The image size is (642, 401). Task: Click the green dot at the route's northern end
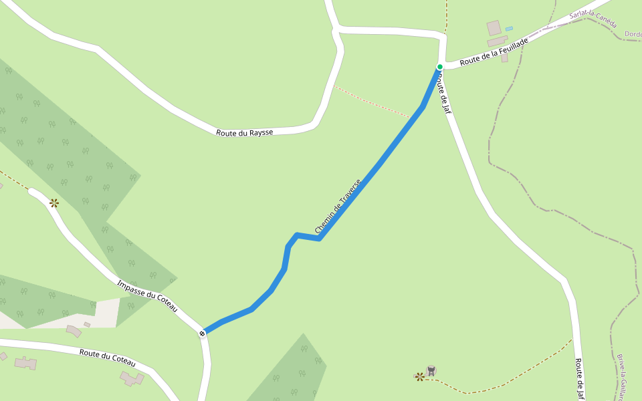pos(440,67)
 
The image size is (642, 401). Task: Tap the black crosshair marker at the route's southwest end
pos(202,333)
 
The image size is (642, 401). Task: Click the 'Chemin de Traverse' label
pos(338,206)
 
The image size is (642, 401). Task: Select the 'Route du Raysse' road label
pos(244,132)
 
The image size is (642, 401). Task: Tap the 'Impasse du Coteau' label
pos(147,295)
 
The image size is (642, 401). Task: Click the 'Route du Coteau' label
pos(107,358)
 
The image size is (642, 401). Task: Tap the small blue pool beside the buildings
pos(509,29)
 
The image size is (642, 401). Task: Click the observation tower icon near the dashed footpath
pos(431,370)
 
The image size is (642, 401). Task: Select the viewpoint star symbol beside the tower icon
pos(419,377)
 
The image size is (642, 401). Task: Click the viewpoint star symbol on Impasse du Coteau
pos(54,203)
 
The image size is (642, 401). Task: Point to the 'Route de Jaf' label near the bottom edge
pos(579,378)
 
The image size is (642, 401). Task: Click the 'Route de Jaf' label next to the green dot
pos(443,94)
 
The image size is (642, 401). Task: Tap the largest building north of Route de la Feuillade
pos(494,28)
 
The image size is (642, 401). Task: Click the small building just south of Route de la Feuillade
pos(504,58)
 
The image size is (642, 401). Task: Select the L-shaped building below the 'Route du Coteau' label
pos(132,379)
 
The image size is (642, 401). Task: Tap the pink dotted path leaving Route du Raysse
pos(371,102)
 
